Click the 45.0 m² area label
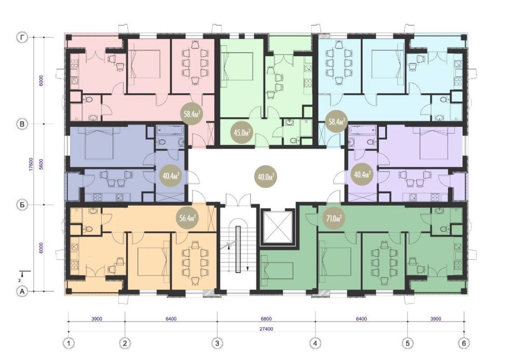pos(242,132)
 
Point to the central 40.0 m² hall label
pos(266,176)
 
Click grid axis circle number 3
pos(217,343)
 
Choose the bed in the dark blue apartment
pos(100,144)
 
